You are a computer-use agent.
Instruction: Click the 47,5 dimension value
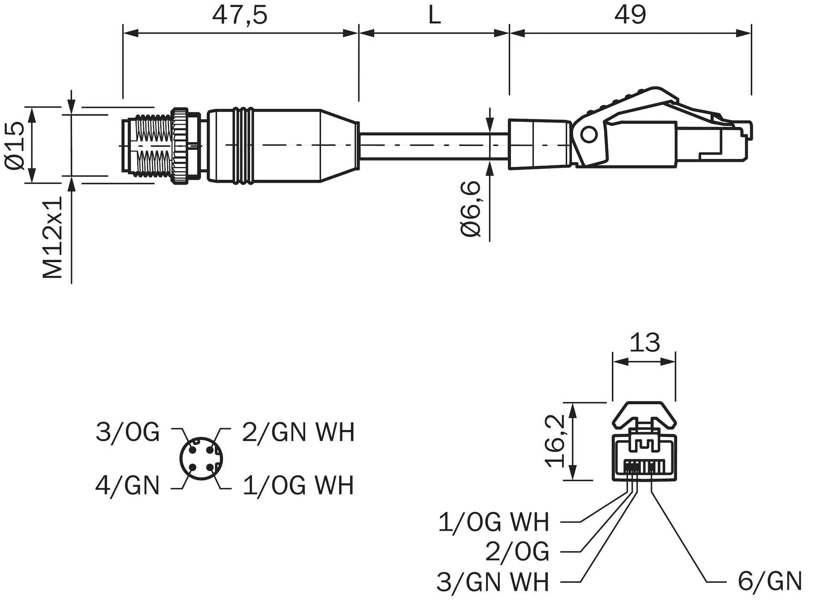(x=240, y=15)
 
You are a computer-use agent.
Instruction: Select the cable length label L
(x=434, y=15)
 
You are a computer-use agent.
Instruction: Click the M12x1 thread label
(x=53, y=238)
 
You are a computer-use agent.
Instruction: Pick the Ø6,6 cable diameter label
(x=471, y=209)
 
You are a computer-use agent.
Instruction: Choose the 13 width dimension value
(x=644, y=342)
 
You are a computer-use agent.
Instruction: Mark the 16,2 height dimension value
(x=555, y=441)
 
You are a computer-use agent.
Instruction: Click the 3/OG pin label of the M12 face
(x=128, y=432)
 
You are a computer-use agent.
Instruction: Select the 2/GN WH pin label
(x=298, y=432)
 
